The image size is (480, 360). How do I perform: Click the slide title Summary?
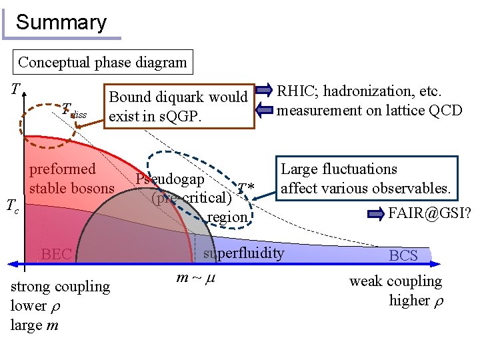[x=61, y=23]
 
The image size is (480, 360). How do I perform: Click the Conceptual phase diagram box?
[x=103, y=63]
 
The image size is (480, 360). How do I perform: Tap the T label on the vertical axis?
[x=14, y=89]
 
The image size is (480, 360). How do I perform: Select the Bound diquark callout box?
[x=178, y=107]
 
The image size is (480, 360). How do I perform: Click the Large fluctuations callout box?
[x=366, y=179]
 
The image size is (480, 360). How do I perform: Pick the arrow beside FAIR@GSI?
[x=377, y=214]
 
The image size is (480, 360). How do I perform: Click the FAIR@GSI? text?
[x=429, y=214]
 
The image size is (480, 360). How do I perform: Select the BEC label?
[x=56, y=254]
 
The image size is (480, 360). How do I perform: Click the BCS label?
[x=403, y=255]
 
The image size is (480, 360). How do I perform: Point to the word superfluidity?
[x=243, y=253]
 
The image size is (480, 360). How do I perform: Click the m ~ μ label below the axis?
[x=197, y=277]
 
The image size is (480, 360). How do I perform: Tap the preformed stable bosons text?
[x=71, y=179]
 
